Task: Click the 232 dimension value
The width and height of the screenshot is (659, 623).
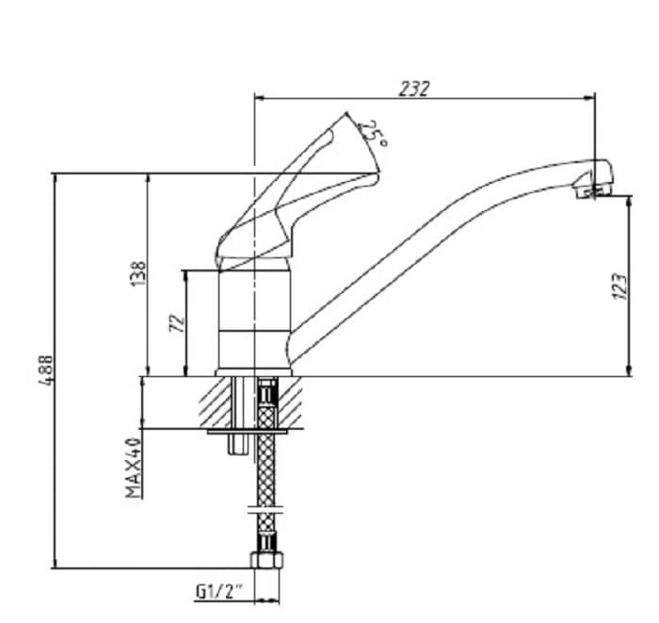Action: coord(414,88)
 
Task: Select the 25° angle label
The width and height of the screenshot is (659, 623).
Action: coord(375,133)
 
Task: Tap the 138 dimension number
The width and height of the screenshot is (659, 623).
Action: coord(139,274)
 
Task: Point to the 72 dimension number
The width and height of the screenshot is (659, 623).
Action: coord(175,323)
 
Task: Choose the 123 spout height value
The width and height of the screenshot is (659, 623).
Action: coord(618,287)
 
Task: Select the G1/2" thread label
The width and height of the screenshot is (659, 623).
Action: coord(219,592)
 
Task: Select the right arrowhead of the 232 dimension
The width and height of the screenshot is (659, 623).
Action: coord(590,96)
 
